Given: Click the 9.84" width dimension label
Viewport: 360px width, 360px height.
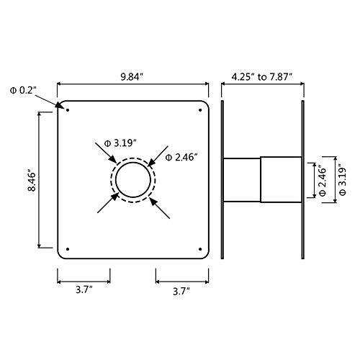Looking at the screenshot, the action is [x=132, y=77].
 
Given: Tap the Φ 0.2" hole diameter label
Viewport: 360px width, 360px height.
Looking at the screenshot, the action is [x=23, y=91].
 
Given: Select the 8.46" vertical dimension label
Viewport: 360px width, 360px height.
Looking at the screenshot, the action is [x=32, y=181].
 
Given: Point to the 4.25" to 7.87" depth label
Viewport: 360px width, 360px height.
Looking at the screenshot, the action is [x=262, y=77].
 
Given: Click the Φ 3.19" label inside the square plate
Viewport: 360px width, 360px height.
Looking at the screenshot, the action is [x=120, y=143].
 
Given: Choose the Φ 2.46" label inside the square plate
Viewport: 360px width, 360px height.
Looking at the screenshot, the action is [x=181, y=158].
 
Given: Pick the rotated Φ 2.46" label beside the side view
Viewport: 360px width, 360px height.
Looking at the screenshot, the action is [x=323, y=181].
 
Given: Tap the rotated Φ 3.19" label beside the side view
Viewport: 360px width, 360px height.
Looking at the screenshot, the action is [x=342, y=180].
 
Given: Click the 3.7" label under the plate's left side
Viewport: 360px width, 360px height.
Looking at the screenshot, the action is [x=84, y=290].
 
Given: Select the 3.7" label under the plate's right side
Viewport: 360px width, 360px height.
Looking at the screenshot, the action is [x=181, y=292].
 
